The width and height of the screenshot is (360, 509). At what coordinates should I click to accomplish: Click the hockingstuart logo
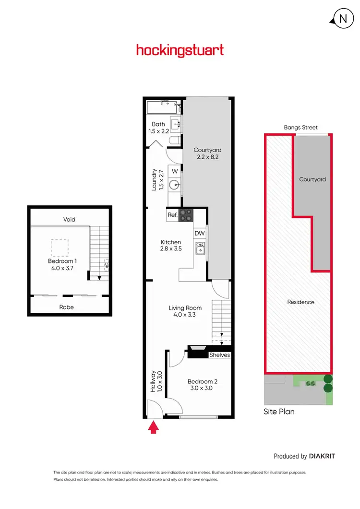tap(180, 50)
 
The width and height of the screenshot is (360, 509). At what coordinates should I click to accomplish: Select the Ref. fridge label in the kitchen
tap(172, 215)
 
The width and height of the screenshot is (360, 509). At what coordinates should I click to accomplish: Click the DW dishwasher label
tap(200, 233)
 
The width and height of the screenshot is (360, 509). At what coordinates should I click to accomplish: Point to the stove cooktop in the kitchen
tap(186, 215)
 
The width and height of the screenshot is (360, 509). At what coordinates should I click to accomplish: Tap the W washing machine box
tap(175, 171)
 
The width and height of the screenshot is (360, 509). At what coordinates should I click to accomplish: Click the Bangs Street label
tap(300, 128)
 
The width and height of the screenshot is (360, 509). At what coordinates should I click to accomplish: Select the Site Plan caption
tap(279, 412)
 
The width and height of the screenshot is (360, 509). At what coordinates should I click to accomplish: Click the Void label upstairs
tap(70, 219)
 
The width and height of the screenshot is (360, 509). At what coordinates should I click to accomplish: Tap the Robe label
tap(67, 307)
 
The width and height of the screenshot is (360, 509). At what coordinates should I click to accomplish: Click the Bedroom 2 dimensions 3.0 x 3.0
tap(202, 389)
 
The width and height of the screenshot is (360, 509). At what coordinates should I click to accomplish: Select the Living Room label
tap(185, 308)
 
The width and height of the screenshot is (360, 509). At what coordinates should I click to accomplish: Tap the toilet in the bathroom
tap(175, 140)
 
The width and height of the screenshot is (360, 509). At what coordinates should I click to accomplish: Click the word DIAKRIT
tap(322, 456)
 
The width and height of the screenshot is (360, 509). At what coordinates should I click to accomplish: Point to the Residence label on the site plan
tap(300, 302)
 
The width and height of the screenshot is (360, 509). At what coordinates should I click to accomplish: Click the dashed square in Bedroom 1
tap(60, 248)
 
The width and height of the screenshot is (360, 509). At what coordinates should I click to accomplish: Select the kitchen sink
tap(200, 248)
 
